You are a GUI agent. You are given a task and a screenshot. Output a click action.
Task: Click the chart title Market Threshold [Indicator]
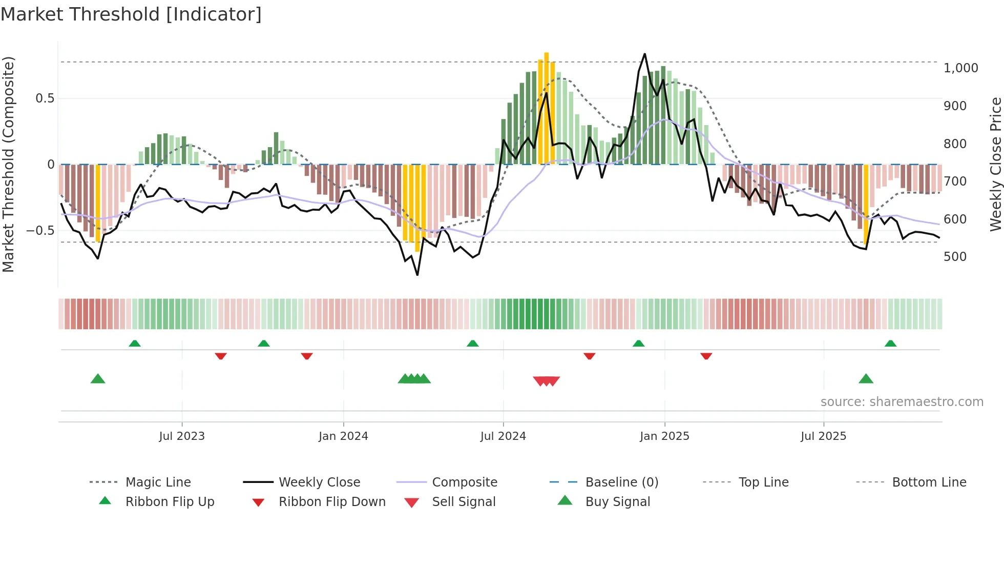(131, 14)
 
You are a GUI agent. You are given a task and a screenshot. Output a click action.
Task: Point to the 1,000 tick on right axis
(960, 68)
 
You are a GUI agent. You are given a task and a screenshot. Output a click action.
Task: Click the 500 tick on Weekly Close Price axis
(954, 257)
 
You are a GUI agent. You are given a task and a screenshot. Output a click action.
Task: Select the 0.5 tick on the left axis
(45, 98)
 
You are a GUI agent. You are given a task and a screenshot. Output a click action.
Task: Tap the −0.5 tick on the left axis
(40, 231)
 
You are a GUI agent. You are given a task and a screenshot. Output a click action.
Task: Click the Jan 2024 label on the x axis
(343, 436)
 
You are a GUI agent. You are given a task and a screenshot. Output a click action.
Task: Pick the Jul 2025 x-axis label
(823, 436)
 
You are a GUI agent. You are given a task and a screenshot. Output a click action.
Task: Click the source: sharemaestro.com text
(902, 402)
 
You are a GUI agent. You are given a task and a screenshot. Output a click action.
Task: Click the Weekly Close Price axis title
(995, 164)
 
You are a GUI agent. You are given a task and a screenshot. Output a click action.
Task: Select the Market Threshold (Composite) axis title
(8, 164)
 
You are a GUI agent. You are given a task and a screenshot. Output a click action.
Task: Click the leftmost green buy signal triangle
(98, 379)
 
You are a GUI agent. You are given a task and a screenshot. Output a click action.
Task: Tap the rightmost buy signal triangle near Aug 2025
(866, 379)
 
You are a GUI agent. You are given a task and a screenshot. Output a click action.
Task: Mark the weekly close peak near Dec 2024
(644, 54)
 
